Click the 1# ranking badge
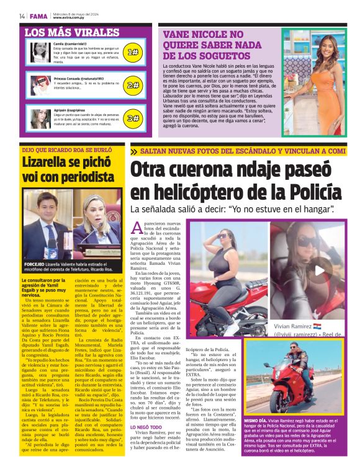132,52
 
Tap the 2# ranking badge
132,85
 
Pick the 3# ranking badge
132,118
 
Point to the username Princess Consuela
68,79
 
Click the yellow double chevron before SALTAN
135,151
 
